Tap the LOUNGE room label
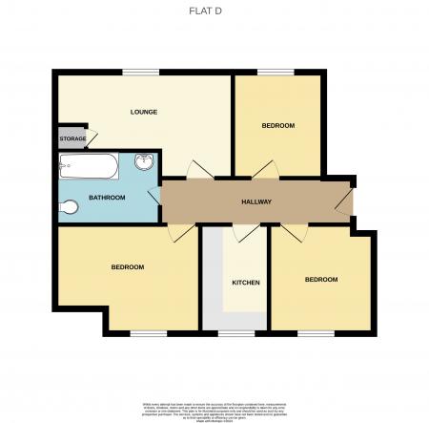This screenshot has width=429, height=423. [143, 112]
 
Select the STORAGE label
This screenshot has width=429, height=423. [72, 139]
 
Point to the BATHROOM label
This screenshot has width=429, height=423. [107, 198]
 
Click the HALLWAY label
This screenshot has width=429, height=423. [255, 201]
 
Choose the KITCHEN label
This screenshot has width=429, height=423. [246, 283]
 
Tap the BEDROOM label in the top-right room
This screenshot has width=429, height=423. [277, 126]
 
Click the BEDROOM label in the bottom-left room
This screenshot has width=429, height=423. [127, 266]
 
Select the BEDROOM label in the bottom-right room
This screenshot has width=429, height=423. [320, 279]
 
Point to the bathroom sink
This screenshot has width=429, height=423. [145, 162]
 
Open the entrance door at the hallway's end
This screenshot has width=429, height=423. [345, 201]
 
